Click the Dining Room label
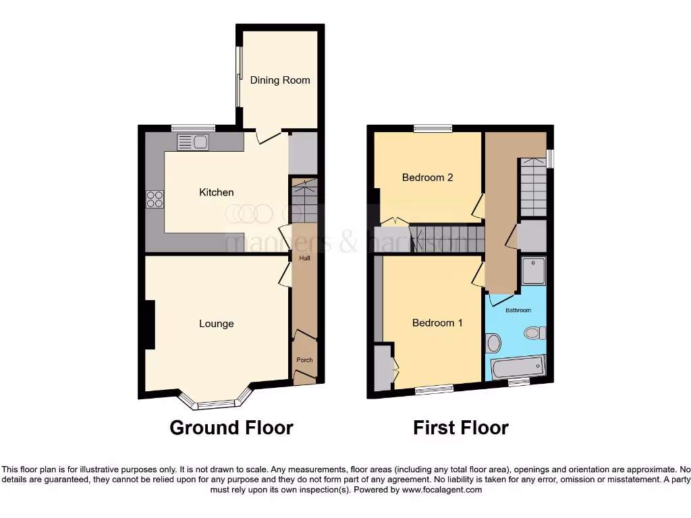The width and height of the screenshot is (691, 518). click(280, 80)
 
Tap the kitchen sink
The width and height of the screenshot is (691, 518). click(194, 142)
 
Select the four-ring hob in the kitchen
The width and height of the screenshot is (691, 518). click(155, 200)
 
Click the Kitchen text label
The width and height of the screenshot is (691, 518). click(216, 193)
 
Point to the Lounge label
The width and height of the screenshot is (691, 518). click(216, 324)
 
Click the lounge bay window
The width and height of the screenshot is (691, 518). click(215, 403)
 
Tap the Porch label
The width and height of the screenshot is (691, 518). click(304, 360)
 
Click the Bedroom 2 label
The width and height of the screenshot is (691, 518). click(427, 178)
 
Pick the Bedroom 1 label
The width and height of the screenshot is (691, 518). click(437, 323)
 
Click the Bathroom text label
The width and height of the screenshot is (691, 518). click(518, 310)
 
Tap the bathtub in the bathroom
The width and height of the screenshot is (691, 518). click(518, 368)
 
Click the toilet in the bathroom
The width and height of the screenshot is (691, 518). click(535, 333)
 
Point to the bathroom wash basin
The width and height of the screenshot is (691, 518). click(493, 344)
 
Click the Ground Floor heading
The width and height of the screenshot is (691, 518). click(231, 428)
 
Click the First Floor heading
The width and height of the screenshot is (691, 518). click(461, 428)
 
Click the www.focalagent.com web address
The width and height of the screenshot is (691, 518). click(441, 490)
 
